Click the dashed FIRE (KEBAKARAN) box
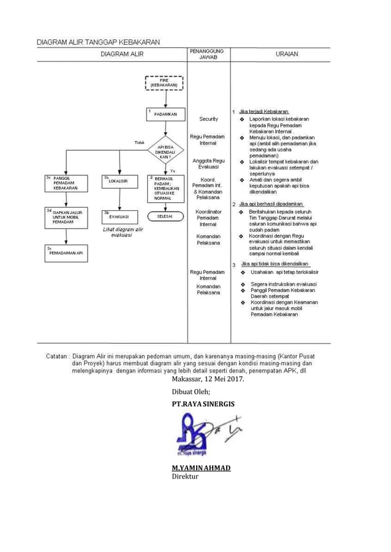164,82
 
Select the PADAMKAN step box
164,114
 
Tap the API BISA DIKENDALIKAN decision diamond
164,152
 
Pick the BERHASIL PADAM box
164,187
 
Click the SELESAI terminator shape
164,216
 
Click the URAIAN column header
287,55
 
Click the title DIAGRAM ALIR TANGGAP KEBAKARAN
98,42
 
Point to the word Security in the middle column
208,119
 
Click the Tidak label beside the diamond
139,142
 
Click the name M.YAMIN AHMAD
201,468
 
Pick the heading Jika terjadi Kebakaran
264,112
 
